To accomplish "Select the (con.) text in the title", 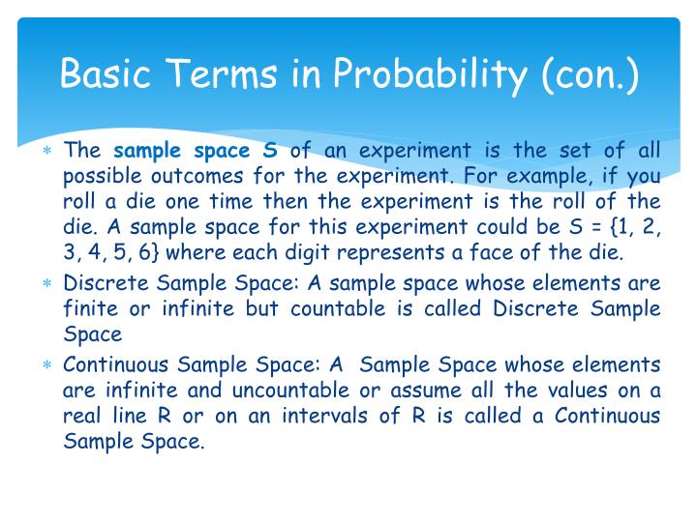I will coord(591,73).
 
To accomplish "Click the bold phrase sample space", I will coord(181,150).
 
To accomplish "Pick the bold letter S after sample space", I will coord(270,150).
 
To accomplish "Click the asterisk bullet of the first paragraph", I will coord(46,152).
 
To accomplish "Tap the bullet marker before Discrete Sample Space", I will coord(46,285).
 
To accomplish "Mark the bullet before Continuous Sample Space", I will coord(46,365).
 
